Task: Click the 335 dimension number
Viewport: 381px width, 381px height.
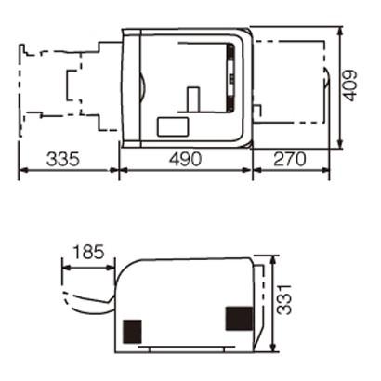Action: pos(63,159)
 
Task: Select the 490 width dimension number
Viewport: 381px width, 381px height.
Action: pos(185,159)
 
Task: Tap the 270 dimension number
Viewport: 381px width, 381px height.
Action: pos(290,159)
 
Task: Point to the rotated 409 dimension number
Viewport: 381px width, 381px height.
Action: pos(350,85)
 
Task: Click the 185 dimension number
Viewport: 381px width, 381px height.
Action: pos(88,252)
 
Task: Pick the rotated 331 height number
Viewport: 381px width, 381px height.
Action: pos(284,299)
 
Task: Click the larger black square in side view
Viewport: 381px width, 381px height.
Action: pos(239,318)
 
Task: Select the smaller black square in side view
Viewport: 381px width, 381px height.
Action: pos(132,332)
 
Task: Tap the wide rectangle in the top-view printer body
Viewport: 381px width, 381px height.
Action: pos(173,126)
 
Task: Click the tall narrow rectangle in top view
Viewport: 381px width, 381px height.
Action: pos(192,99)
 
